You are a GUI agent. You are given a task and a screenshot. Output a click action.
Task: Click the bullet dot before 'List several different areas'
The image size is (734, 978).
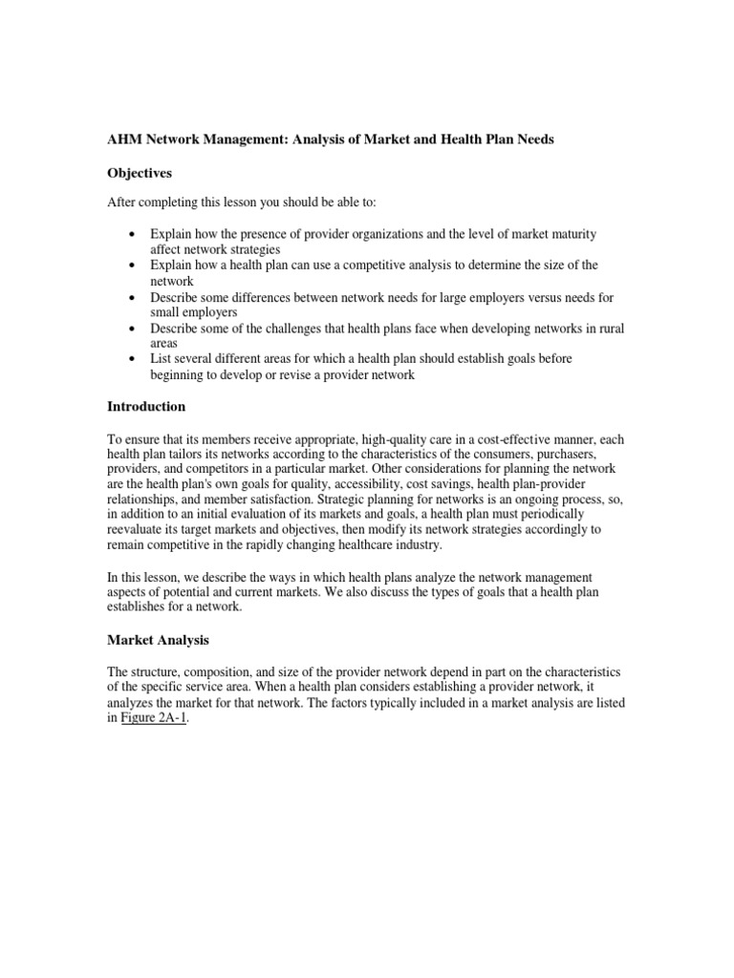pos(131,357)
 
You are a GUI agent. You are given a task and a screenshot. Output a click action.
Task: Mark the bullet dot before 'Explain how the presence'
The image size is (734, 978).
pos(131,233)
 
